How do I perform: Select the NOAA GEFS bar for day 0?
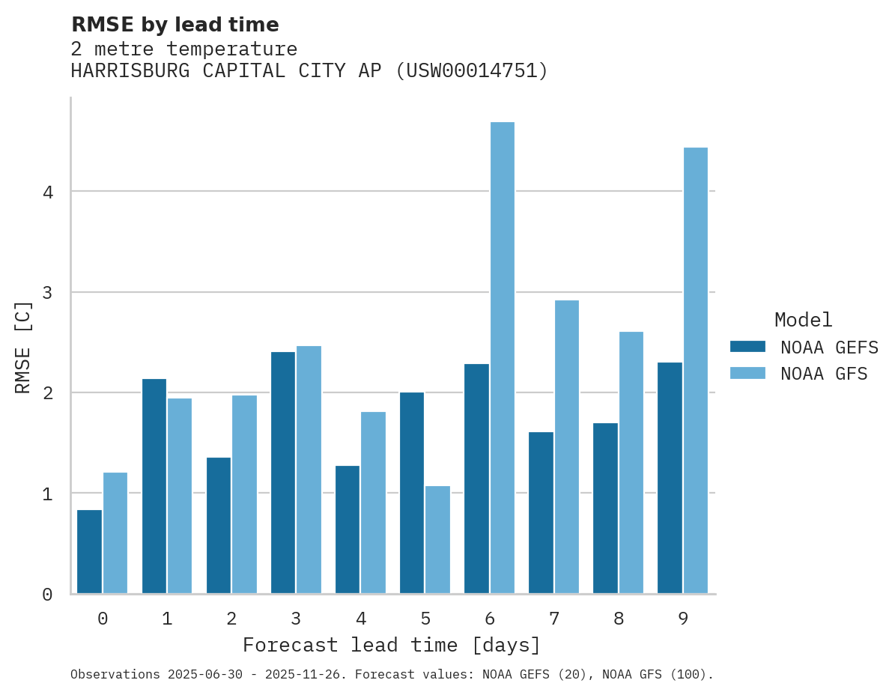[x=90, y=552]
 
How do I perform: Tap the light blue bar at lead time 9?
[x=696, y=371]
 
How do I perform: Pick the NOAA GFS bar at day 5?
[x=437, y=540]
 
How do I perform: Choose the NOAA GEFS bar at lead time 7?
[x=541, y=513]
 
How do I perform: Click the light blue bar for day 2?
[x=244, y=494]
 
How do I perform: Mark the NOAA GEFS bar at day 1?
[x=154, y=486]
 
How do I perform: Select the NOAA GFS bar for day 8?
[x=631, y=463]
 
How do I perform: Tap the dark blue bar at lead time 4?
[x=348, y=529]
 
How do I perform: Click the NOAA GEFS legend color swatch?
[x=747, y=347]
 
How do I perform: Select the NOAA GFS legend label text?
[x=823, y=374]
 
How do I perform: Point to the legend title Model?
[x=803, y=320]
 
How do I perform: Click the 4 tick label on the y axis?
[x=48, y=192]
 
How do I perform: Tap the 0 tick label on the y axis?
[x=48, y=595]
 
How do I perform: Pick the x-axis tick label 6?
[x=490, y=619]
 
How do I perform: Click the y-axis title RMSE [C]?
[x=23, y=347]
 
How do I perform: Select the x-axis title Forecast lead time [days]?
[x=392, y=645]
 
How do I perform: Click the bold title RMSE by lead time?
[x=175, y=25]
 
